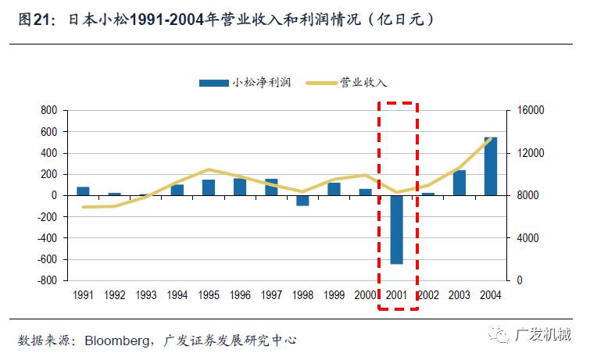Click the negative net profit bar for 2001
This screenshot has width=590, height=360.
pos(396,230)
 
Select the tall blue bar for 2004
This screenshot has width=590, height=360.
pos(491,166)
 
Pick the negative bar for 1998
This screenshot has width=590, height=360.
pos(302,200)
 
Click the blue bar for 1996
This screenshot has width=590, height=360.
pos(240,187)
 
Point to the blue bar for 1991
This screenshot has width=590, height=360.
pos(83,191)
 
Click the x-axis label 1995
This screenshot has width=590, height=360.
pos(209,295)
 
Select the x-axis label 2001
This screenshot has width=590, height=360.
pos(397,295)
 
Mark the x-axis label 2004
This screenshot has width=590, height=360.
pos(491,295)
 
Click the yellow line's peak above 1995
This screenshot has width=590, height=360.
pos(208,169)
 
